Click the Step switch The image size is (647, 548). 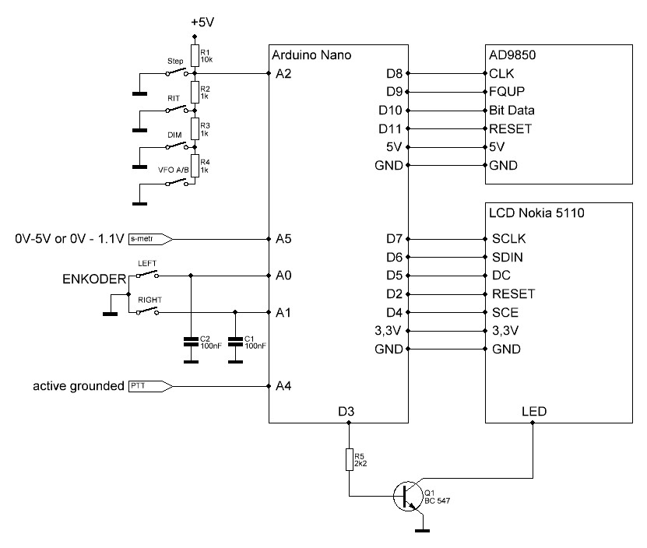178,73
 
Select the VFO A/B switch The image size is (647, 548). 178,184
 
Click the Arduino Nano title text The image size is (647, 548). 311,55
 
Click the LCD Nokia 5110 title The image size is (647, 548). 536,211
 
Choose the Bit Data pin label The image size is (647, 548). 512,111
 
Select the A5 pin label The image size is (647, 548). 284,238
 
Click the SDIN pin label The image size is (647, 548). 506,257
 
